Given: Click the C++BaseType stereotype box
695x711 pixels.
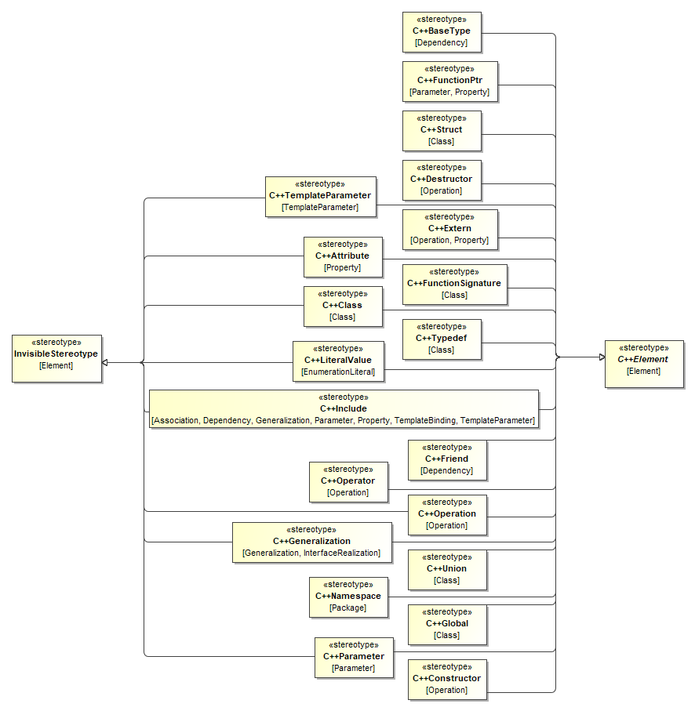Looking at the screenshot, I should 442,31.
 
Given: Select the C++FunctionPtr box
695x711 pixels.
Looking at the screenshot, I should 449,81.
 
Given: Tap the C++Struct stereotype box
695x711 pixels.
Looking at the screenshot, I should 442,130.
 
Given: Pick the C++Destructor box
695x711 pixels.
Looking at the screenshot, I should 442,180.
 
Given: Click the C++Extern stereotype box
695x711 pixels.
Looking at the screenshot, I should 449,229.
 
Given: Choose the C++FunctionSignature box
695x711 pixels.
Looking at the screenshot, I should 454,284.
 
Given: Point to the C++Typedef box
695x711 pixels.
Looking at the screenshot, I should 442,339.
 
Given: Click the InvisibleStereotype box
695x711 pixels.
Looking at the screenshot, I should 56,359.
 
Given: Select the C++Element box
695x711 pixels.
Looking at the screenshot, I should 643,364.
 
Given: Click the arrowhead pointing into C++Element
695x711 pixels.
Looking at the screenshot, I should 600,357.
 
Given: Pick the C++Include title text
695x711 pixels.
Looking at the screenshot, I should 343,408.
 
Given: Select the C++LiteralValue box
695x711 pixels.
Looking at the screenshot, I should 338,361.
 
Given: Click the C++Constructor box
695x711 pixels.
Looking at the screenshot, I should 446,679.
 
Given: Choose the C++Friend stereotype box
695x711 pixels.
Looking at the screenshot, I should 446,459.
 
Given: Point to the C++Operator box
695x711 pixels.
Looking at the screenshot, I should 347,481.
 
